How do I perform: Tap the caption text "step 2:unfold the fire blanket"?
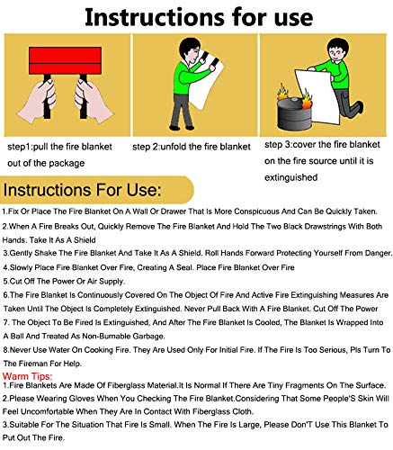[x=192, y=146]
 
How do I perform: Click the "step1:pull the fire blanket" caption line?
[x=63, y=146]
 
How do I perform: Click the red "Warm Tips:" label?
[x=27, y=372]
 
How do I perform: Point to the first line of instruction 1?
[x=194, y=214]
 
